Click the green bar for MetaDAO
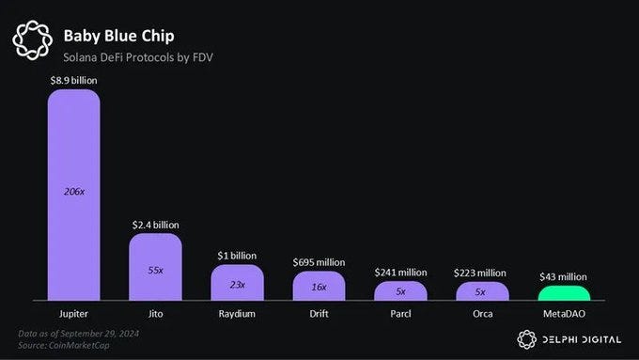pyautogui.click(x=564, y=293)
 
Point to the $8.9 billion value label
pyautogui.click(x=73, y=81)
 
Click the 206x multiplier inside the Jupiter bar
pyautogui.click(x=73, y=192)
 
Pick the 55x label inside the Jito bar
pyautogui.click(x=155, y=269)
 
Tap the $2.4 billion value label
pyautogui.click(x=155, y=225)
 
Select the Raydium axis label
pyautogui.click(x=237, y=312)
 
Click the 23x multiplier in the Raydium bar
pyautogui.click(x=237, y=283)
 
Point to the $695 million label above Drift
pyautogui.click(x=319, y=262)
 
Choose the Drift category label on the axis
pyautogui.click(x=319, y=312)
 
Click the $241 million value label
pyautogui.click(x=400, y=273)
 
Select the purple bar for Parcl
pyautogui.click(x=400, y=291)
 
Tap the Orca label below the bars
pyautogui.click(x=482, y=312)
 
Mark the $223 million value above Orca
pyautogui.click(x=482, y=273)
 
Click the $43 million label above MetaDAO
pyautogui.click(x=564, y=277)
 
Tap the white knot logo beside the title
pyautogui.click(x=32, y=40)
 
